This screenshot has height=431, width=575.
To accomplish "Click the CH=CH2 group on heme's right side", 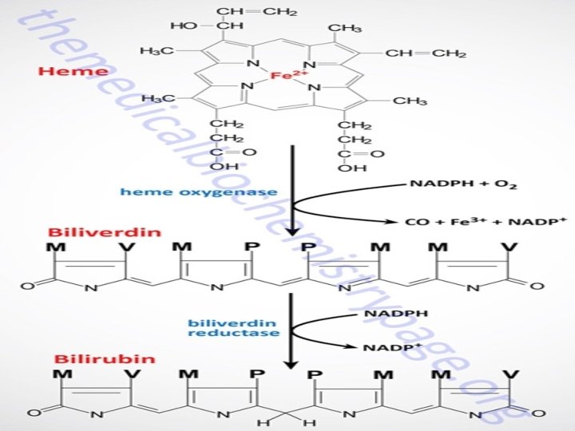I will pos(426,53).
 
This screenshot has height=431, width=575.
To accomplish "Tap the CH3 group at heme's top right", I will pos(345,28).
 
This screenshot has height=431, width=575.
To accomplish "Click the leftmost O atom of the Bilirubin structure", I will pos(33,413).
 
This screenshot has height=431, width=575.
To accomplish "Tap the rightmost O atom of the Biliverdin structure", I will pos(540,285).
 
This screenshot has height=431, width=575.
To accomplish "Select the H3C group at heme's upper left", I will pos(156,51).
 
